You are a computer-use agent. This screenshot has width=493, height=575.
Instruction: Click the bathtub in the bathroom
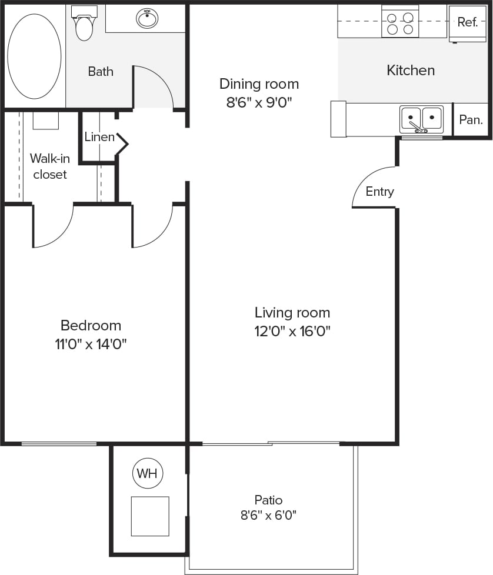click(x=34, y=56)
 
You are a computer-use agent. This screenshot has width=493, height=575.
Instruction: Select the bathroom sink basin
click(x=147, y=19)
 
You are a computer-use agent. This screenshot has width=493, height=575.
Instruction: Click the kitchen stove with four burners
click(x=400, y=22)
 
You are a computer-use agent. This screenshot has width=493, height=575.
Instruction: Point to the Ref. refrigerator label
click(x=467, y=22)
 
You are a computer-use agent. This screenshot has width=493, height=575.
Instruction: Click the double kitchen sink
click(x=421, y=119)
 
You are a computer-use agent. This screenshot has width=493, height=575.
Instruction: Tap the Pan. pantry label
click(x=471, y=120)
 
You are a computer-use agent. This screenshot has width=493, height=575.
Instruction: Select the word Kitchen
click(x=411, y=71)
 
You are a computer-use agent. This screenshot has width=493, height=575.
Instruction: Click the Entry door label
click(x=379, y=192)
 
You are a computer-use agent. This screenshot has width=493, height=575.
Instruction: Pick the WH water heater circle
click(x=147, y=474)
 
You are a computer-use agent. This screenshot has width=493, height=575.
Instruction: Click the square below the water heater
click(x=150, y=516)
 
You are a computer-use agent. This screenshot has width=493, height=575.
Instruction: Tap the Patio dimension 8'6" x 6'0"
click(x=268, y=516)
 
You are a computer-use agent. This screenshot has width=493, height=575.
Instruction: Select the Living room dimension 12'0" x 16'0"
click(x=292, y=331)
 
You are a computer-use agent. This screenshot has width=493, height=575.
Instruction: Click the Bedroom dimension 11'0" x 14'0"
click(x=91, y=344)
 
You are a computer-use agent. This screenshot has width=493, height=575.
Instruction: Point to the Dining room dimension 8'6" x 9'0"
click(x=259, y=102)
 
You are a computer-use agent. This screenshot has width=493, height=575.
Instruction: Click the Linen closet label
click(x=99, y=138)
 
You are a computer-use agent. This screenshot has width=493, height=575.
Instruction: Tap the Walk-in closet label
click(x=49, y=166)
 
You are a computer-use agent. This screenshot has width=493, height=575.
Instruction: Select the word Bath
click(x=101, y=72)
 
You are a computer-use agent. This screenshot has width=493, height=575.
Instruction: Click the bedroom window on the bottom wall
click(x=59, y=443)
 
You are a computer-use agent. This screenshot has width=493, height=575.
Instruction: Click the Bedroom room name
click(x=91, y=325)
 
